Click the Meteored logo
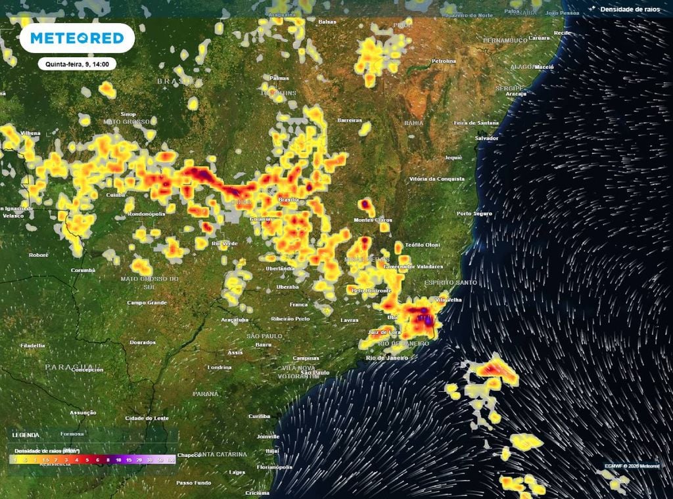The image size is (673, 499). point(77,38)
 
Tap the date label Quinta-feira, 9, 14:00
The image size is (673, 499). point(77,64)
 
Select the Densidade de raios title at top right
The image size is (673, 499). point(630,9)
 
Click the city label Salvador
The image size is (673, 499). point(486,138)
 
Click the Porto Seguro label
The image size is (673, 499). point(475,213)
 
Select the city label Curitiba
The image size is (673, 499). point(259,416)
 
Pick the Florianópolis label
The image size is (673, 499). point(274,467)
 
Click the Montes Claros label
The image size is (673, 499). point(372,220)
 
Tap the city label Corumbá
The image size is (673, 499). point(83,270)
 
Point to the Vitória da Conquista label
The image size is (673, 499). point(432,179)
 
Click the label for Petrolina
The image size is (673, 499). point(444,61)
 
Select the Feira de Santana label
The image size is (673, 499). point(476,123)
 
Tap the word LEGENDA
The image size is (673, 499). point(26,435)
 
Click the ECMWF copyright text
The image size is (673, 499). point(632,466)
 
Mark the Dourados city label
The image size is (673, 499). point(143,342)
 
